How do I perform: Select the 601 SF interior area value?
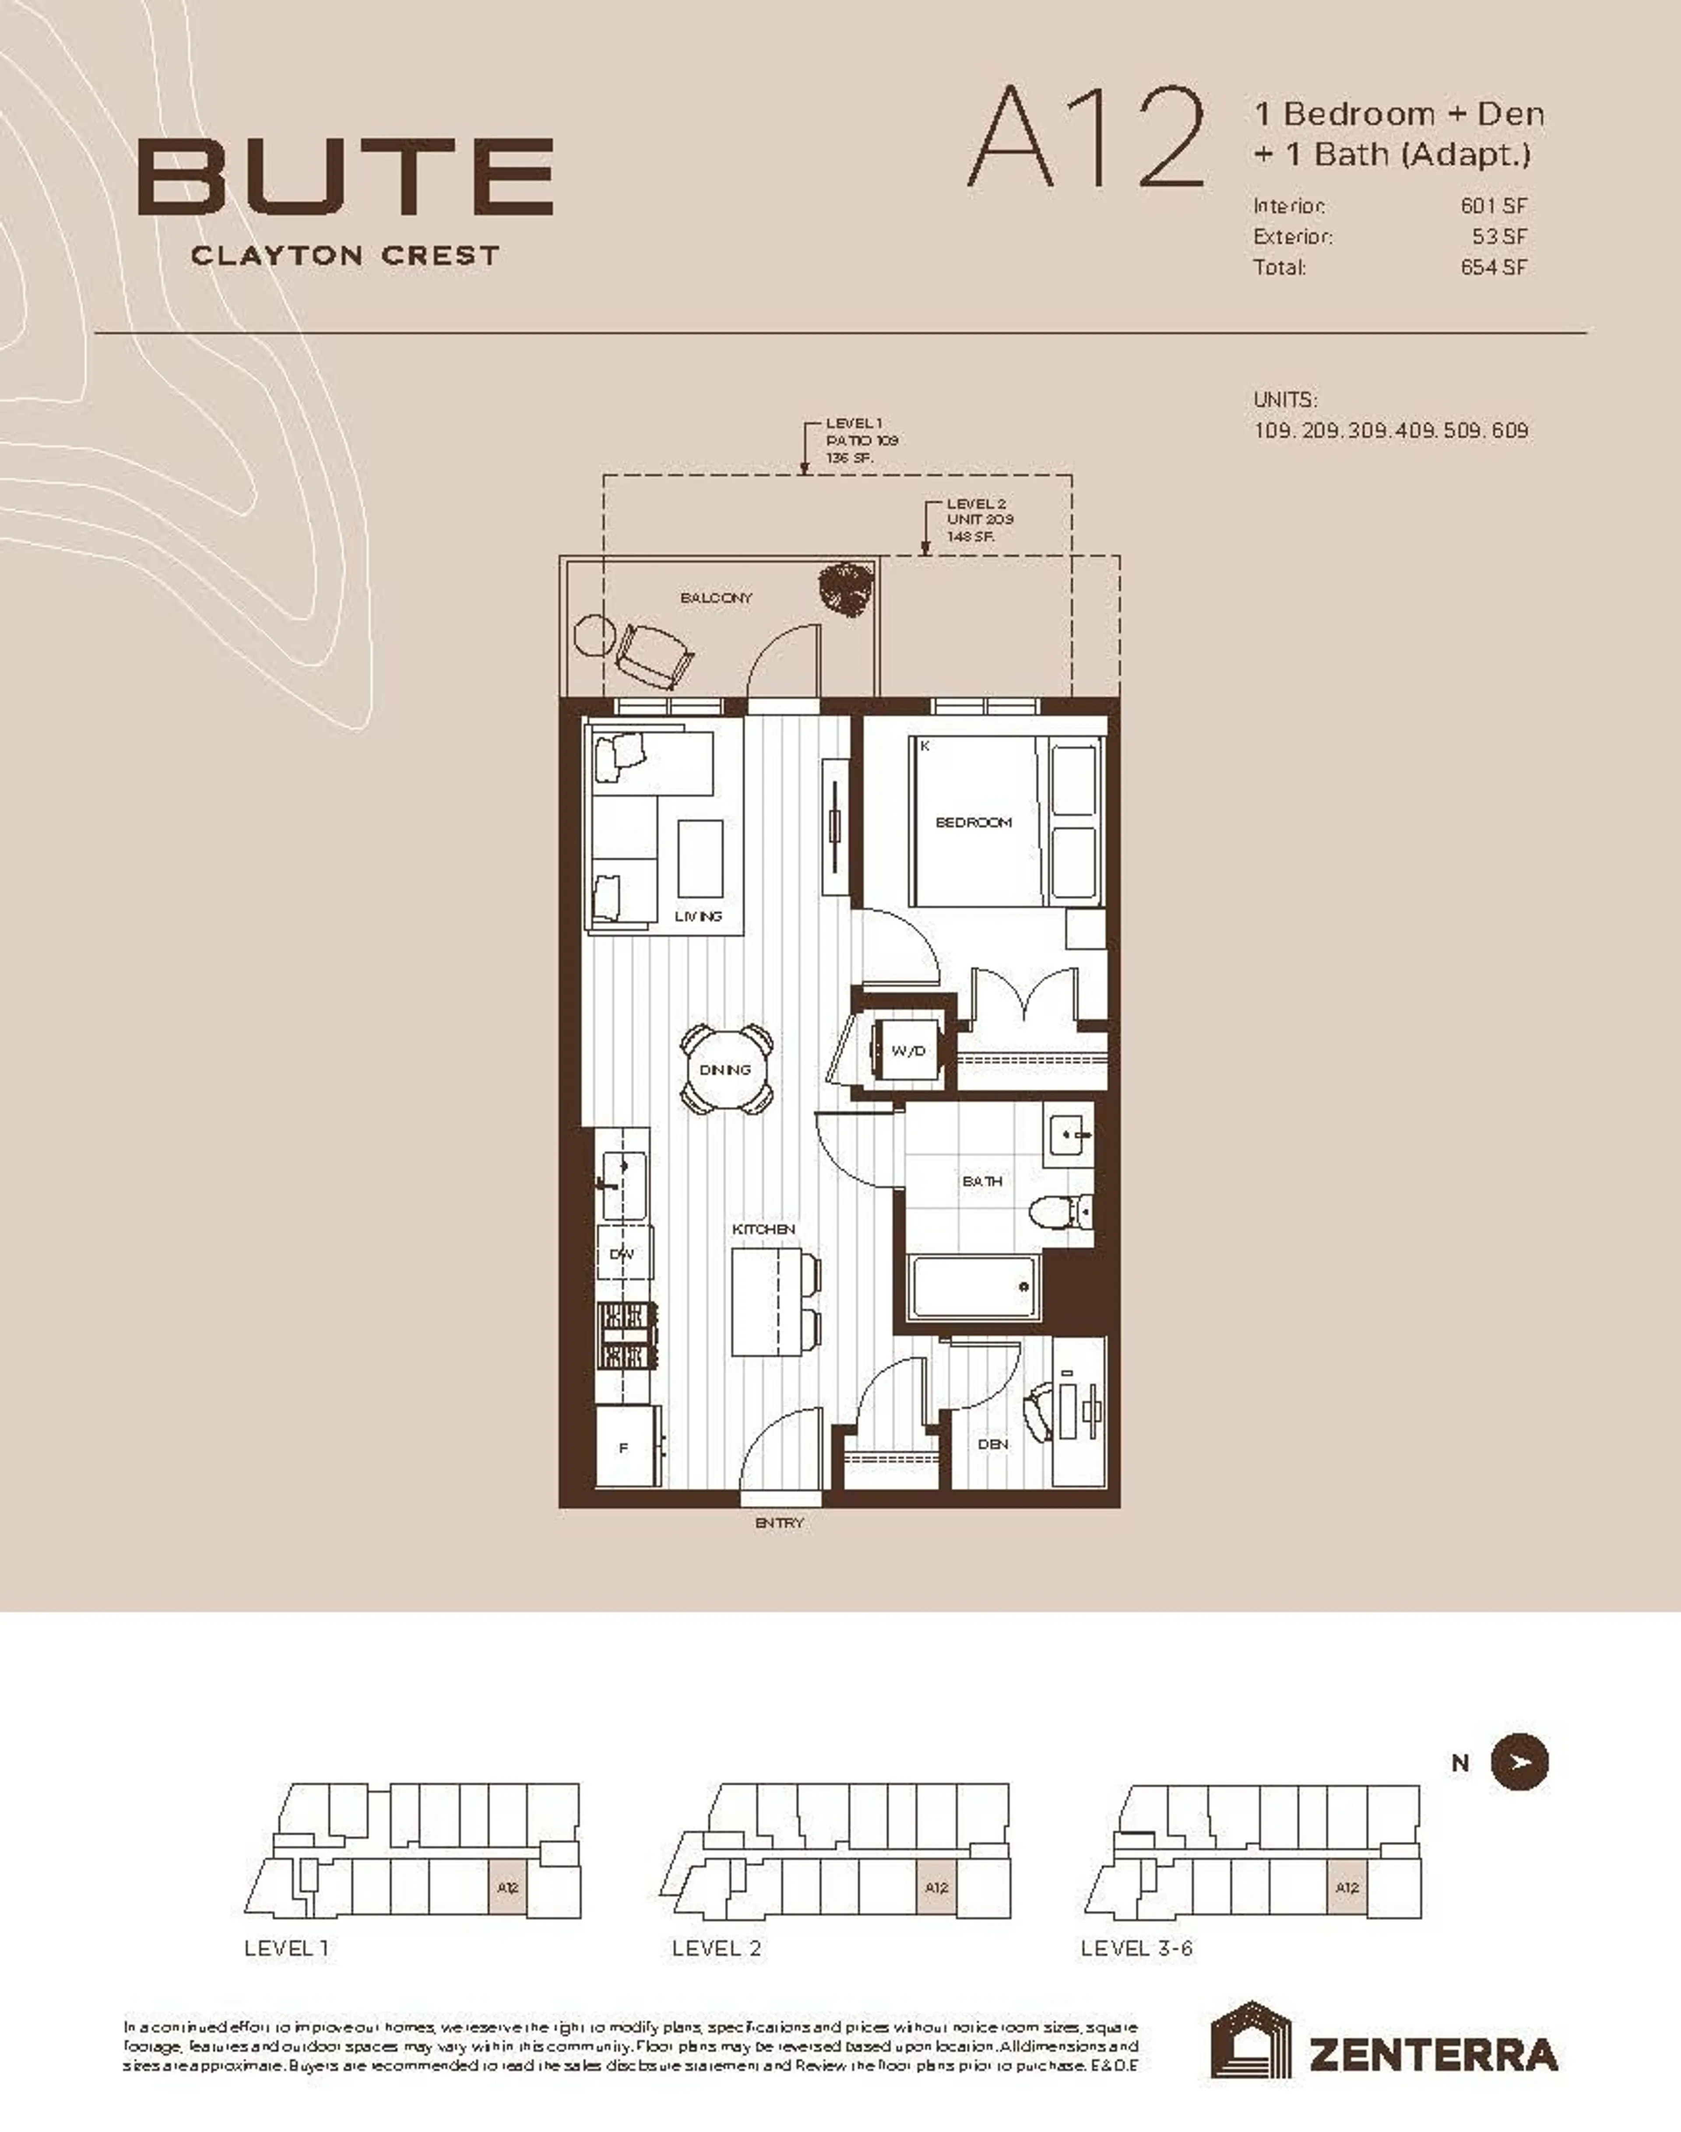click(1493, 206)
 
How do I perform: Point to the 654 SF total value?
click(1493, 267)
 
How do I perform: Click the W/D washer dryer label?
click(907, 1051)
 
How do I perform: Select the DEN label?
click(992, 1444)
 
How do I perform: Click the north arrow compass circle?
click(1519, 1762)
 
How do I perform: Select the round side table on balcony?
click(594, 635)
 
